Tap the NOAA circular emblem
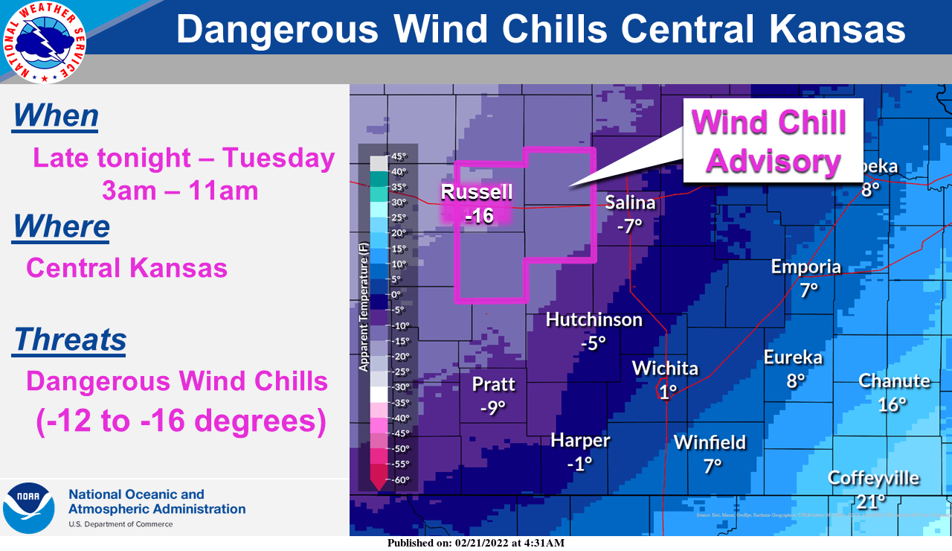(28, 509)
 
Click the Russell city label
(477, 192)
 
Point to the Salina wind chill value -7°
(629, 225)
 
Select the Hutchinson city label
(594, 319)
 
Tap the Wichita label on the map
(665, 368)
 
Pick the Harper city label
(580, 440)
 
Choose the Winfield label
(710, 442)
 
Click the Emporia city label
(805, 267)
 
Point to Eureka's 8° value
(796, 381)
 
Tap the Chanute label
(894, 380)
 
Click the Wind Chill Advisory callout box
(773, 140)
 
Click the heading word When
(56, 116)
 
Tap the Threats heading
(70, 340)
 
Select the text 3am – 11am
(180, 191)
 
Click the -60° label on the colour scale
(399, 479)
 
